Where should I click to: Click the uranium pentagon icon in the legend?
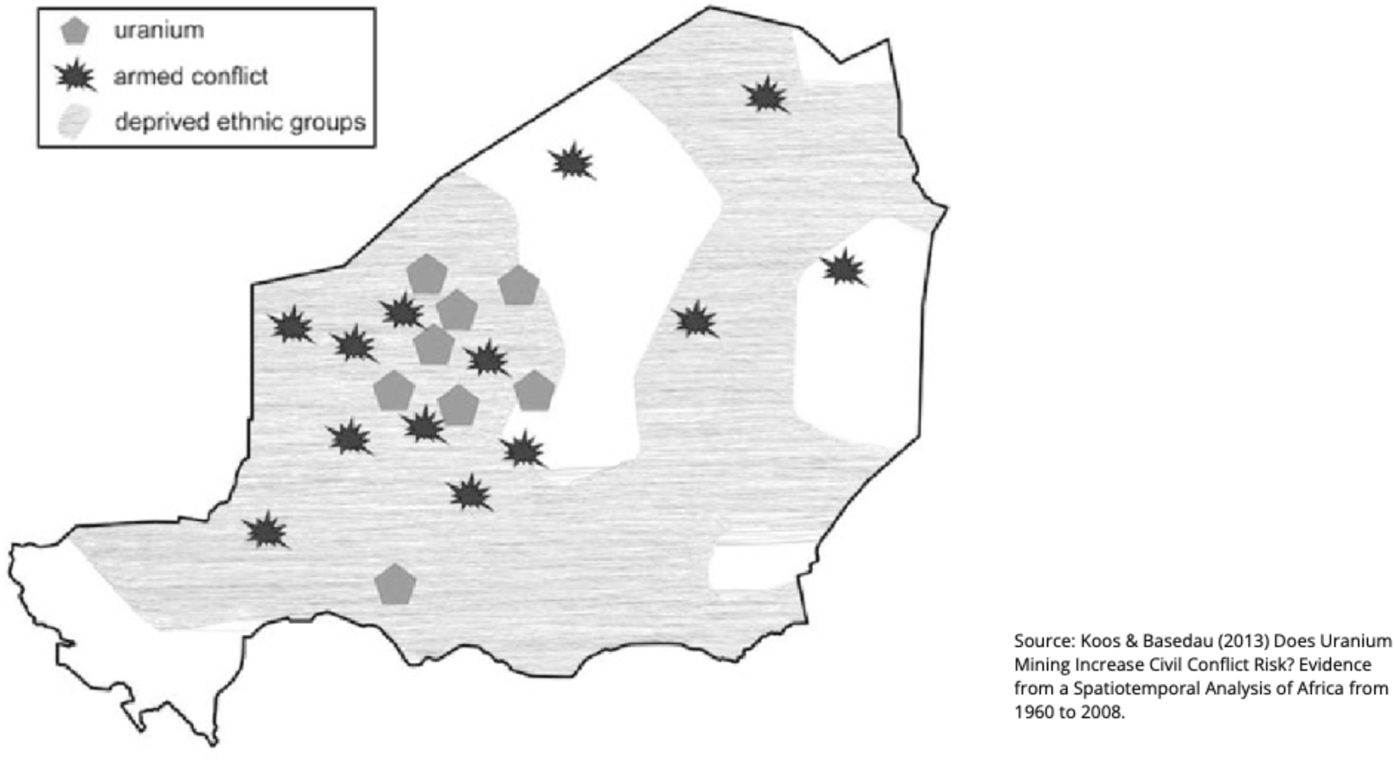pos(74,31)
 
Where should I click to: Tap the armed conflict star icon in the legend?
pos(75,77)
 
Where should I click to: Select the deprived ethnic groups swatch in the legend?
pos(74,122)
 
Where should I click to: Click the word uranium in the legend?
pos(159,30)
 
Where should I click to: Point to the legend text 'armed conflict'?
pos(191,77)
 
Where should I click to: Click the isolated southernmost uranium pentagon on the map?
pos(395,584)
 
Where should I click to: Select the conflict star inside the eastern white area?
pos(843,268)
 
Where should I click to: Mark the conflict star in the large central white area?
pos(572,162)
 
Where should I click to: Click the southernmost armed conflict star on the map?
pos(266,531)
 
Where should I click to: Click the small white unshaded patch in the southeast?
pos(750,567)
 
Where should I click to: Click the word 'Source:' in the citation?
pos(1044,641)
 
